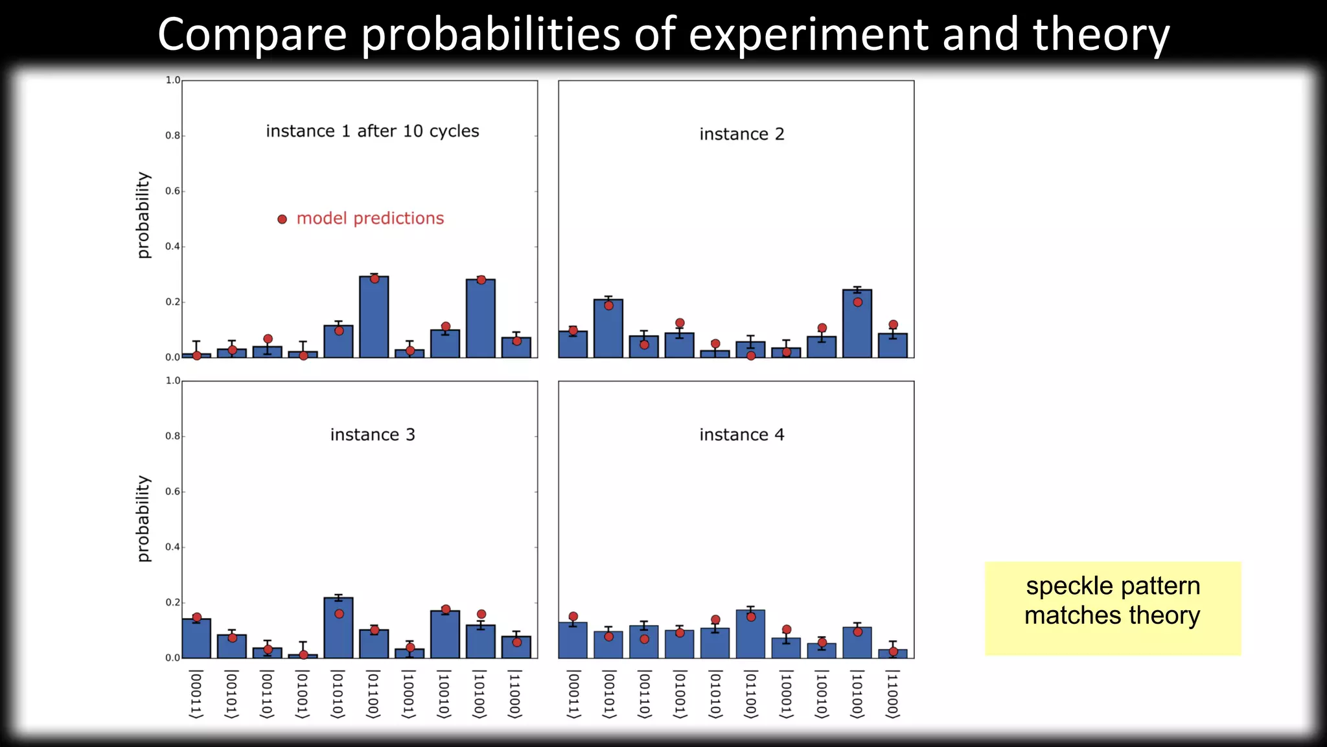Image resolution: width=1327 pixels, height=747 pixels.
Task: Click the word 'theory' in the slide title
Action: [x=1101, y=35]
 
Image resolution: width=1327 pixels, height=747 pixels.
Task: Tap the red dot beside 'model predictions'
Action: [x=282, y=219]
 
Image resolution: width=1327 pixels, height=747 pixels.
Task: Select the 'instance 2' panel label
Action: [x=741, y=134]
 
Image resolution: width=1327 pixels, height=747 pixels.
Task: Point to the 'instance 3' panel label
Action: [x=373, y=434]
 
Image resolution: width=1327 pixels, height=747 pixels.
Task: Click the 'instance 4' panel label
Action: [x=741, y=434]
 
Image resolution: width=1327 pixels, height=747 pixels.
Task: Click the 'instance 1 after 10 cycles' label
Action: [x=373, y=131]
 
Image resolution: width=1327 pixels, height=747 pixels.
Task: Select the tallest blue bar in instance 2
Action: [x=857, y=324]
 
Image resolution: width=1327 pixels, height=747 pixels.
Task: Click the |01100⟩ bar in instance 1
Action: [x=374, y=317]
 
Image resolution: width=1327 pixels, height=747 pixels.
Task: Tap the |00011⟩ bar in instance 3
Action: [x=196, y=638]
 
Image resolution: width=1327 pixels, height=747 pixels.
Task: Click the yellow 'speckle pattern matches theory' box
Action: [x=1113, y=608]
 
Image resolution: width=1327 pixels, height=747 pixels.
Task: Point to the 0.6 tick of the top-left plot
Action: [x=172, y=191]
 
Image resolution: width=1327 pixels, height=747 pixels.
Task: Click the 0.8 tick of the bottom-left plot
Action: [x=172, y=436]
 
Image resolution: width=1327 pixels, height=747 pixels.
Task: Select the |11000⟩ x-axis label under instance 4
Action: [x=892, y=694]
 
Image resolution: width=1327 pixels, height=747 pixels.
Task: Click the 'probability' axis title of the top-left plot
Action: [x=143, y=215]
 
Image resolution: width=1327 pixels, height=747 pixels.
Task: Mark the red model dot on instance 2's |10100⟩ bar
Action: [x=857, y=302]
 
